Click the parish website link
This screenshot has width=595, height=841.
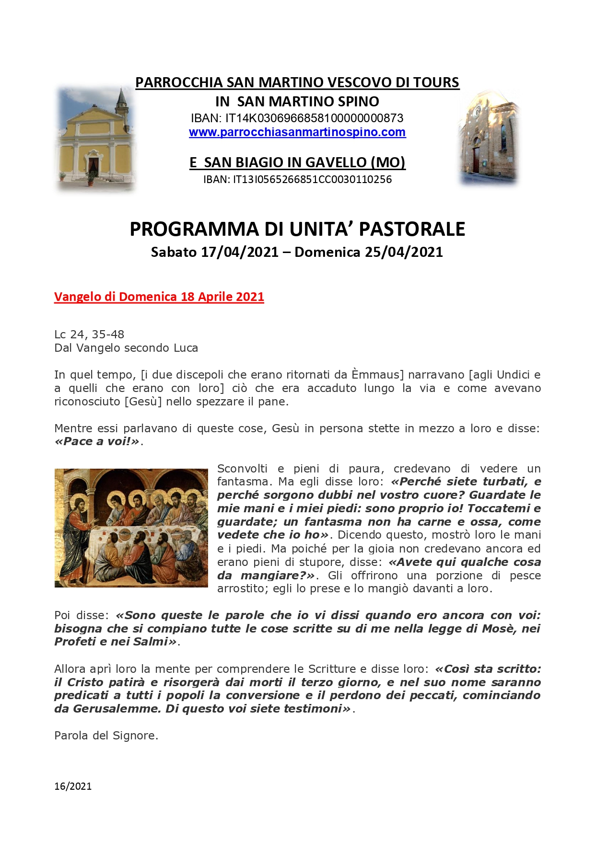297,132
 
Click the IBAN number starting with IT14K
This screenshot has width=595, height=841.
314,118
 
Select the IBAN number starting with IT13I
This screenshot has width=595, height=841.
312,180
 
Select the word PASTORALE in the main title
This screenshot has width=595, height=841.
412,229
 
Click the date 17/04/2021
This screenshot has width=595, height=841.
239,252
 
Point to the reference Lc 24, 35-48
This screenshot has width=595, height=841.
89,334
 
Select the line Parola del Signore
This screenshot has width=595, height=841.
106,736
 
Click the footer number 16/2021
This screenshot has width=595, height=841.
73,786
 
